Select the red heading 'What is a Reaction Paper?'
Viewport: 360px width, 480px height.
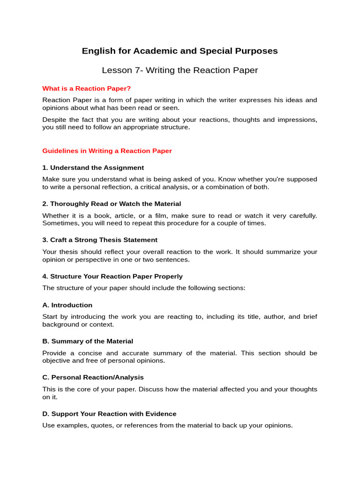click(x=86, y=88)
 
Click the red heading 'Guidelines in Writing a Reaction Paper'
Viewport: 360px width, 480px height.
click(x=107, y=151)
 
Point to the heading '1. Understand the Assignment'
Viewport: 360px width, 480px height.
click(x=93, y=168)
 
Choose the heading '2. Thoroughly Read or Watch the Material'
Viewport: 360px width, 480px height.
click(x=112, y=204)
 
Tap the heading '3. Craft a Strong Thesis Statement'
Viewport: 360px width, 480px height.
click(x=100, y=240)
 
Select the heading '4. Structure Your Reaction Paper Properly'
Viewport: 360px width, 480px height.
click(x=112, y=277)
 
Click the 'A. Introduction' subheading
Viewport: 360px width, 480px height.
click(x=67, y=305)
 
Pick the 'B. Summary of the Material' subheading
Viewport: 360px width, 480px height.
click(x=88, y=341)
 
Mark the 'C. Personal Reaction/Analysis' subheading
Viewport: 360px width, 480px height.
click(x=93, y=377)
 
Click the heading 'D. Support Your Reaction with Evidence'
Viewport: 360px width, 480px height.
click(x=109, y=414)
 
